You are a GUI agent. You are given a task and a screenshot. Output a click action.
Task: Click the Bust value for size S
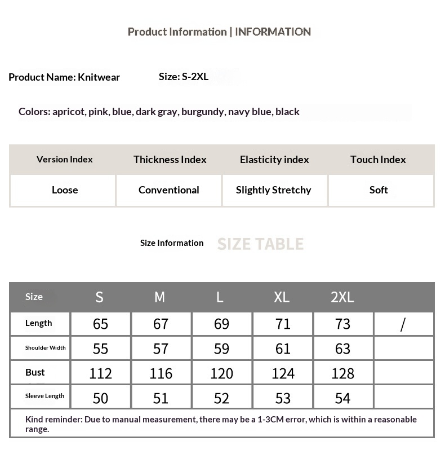(100, 373)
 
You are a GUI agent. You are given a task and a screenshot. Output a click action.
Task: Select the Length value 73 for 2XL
(342, 324)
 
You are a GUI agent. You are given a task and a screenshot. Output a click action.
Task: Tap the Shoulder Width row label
(45, 348)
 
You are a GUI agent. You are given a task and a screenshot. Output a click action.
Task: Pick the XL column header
(282, 297)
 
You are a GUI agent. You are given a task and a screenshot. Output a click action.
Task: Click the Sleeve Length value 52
(221, 398)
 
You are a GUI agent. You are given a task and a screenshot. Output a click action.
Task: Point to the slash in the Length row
(403, 324)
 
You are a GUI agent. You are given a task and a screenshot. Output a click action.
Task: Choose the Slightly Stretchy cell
(273, 190)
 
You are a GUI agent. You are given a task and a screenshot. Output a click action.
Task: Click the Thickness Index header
(170, 160)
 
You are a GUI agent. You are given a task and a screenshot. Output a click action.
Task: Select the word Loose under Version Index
(65, 190)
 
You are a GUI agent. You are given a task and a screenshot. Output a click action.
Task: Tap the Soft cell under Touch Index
(379, 190)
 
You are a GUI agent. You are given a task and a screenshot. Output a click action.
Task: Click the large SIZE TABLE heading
(260, 244)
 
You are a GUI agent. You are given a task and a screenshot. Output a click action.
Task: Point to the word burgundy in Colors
(203, 112)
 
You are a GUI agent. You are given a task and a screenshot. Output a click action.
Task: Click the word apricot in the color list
(69, 112)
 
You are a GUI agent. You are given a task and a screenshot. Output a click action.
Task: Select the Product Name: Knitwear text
(64, 77)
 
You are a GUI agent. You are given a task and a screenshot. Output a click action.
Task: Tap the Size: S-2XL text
(184, 77)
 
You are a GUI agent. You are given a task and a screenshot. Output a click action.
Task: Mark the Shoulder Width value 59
(221, 349)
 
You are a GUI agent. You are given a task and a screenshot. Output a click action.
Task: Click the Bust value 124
(283, 373)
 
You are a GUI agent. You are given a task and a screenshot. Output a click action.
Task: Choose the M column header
(160, 297)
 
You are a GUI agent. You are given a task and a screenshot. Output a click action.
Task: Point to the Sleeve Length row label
(44, 396)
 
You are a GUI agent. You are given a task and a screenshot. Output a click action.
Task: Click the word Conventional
(168, 190)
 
